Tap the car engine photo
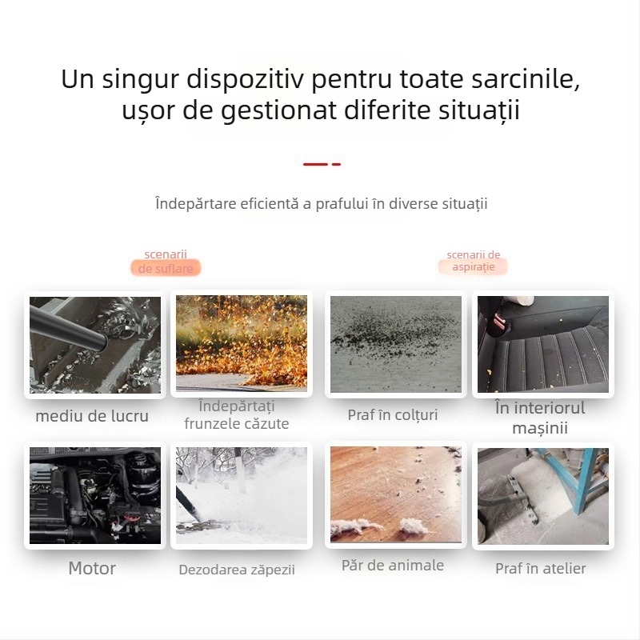click(94, 495)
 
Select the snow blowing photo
click(241, 495)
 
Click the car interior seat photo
click(542, 344)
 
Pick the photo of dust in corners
click(395, 344)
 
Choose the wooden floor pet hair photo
click(395, 495)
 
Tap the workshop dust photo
click(542, 495)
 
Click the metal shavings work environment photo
click(94, 344)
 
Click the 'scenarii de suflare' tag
click(166, 262)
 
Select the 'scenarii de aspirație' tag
click(474, 261)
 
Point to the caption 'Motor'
click(92, 569)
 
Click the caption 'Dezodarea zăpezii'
click(237, 570)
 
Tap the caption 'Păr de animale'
click(392, 566)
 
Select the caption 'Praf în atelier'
click(541, 569)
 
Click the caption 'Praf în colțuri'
click(393, 415)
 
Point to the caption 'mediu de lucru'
click(92, 416)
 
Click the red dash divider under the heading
click(322, 164)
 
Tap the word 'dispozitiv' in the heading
click(247, 82)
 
